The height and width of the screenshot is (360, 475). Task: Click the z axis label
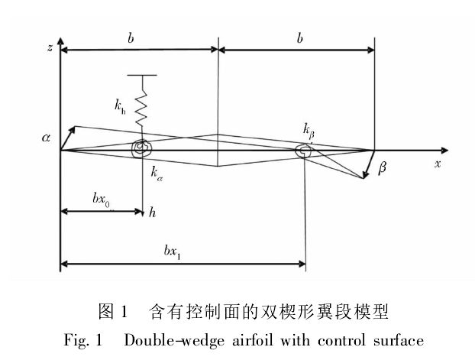50,47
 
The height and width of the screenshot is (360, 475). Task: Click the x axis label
438,164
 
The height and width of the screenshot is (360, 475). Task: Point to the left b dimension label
131,38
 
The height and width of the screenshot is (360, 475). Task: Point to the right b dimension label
299,38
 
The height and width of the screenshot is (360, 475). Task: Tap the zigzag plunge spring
142,107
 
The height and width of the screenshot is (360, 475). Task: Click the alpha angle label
46,138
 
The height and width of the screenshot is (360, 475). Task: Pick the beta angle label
383,167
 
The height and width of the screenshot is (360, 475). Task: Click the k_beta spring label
309,131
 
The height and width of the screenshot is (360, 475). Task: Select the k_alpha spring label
157,174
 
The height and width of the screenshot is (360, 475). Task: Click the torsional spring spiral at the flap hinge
303,151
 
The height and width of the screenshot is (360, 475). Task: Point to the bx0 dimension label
101,199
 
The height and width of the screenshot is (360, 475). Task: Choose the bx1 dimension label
172,252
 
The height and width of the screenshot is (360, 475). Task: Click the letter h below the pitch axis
152,212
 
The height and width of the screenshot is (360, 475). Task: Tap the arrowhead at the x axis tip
445,150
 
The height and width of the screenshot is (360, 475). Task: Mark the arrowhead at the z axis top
60,41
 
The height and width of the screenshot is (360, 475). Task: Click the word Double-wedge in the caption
174,340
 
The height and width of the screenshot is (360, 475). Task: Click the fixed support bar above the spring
142,75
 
